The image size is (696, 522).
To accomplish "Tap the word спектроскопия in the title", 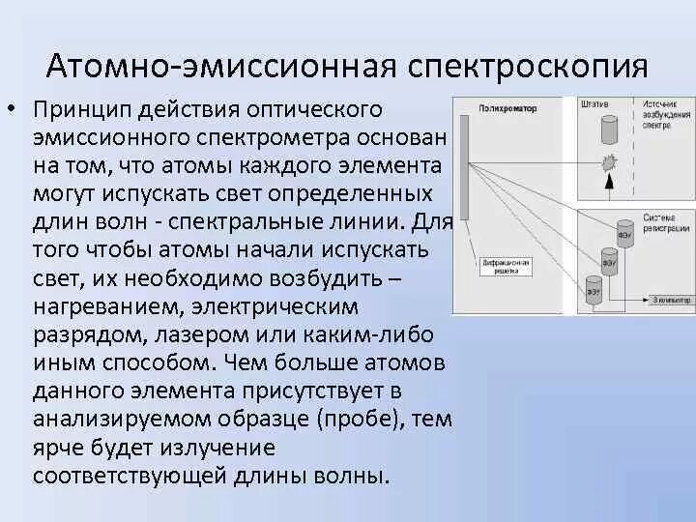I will click(x=521, y=67).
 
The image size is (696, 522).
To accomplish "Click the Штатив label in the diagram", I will click(x=595, y=103).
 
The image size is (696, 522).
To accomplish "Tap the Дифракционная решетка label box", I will click(x=502, y=268).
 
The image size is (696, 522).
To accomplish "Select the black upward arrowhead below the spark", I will click(x=608, y=181).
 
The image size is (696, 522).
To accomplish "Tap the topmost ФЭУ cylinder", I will click(x=623, y=233).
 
